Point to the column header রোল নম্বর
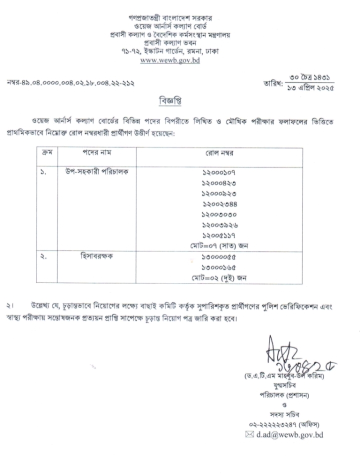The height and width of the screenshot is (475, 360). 219,152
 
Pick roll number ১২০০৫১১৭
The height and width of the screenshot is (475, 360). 219,235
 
